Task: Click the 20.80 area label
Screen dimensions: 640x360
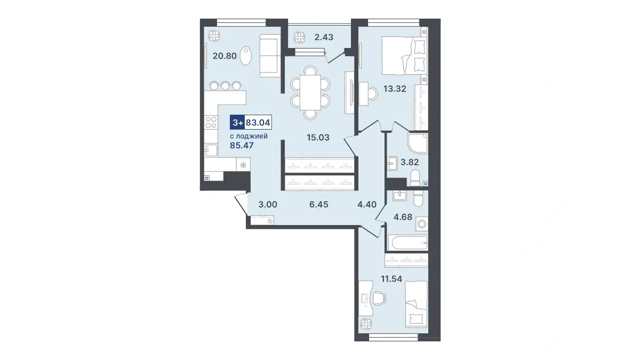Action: coord(225,55)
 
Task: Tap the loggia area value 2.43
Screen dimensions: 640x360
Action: coord(324,37)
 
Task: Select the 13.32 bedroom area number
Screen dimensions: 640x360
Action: coord(395,89)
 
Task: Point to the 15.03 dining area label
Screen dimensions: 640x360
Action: coord(318,138)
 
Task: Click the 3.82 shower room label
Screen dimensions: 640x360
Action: coord(410,162)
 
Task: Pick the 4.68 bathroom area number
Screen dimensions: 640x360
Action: coord(403,217)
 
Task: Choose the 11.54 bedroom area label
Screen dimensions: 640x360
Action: coord(391,278)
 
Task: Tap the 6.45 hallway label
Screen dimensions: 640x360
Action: coord(319,204)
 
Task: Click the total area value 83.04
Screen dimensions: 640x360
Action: coord(258,123)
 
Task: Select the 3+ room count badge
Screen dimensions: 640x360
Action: coord(237,123)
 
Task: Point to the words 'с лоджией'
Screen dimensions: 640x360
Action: coord(249,137)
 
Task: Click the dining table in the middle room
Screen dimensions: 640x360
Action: coord(310,92)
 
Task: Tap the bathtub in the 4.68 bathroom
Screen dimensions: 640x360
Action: coord(408,243)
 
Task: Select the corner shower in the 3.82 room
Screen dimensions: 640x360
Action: coord(418,143)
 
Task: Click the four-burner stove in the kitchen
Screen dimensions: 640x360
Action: coord(211,122)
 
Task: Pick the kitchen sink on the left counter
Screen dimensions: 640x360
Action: coord(211,150)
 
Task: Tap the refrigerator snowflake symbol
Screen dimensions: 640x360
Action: coord(243,165)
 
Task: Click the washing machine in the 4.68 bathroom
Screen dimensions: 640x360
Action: coord(422,223)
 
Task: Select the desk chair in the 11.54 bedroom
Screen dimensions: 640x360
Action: coord(378,298)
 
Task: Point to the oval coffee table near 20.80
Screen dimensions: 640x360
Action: coord(246,56)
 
